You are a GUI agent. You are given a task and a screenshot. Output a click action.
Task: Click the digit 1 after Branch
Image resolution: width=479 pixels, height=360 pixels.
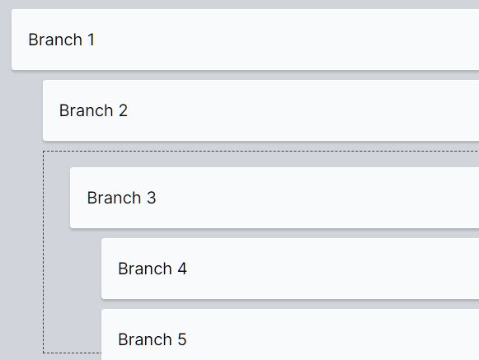[91, 40]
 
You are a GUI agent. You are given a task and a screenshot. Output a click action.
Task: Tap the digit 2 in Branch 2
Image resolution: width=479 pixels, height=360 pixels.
[123, 110]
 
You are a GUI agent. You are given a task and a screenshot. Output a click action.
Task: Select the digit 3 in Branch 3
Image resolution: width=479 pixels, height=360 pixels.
[151, 198]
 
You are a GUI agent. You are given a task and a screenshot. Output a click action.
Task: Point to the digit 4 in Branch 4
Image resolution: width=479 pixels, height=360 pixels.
[182, 269]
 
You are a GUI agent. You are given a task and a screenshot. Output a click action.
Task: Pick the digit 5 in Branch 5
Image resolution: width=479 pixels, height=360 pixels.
[182, 339]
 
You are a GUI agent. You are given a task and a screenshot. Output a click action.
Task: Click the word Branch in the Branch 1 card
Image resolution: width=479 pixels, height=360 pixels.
[55, 40]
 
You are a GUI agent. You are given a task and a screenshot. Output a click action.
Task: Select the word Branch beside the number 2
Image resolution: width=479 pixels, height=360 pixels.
[87, 110]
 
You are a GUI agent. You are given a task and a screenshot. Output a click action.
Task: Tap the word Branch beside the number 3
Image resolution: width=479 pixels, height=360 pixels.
[115, 198]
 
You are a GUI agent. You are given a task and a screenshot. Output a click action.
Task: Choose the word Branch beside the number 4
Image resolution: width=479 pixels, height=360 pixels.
[145, 269]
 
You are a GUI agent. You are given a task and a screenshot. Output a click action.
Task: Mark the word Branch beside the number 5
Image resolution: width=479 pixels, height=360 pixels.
[145, 339]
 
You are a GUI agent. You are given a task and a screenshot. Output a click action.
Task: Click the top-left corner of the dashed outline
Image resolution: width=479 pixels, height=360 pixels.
[44, 151]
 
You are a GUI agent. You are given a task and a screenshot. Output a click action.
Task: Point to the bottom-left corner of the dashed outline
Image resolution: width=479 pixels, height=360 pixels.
[44, 353]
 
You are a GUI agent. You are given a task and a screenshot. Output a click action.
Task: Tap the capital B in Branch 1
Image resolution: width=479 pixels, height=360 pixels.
[33, 40]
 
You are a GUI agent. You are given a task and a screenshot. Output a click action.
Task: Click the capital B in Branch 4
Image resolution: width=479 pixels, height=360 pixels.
[123, 269]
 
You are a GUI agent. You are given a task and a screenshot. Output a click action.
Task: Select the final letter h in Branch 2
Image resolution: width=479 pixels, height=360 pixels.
[109, 110]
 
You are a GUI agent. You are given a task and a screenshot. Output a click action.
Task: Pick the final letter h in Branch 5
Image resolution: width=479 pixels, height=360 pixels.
[167, 339]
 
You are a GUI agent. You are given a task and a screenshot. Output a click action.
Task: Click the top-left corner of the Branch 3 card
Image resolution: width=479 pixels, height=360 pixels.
[70, 167]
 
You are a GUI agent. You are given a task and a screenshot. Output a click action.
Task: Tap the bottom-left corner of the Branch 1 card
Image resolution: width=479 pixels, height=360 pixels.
[12, 70]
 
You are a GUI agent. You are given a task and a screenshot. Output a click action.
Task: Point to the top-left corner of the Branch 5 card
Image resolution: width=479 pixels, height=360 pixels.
[101, 309]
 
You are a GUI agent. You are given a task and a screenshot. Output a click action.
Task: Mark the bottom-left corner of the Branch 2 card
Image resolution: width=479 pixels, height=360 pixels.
[43, 141]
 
